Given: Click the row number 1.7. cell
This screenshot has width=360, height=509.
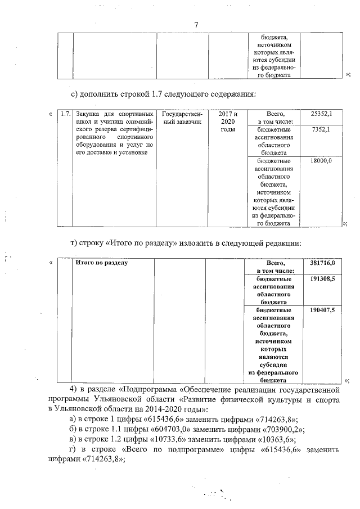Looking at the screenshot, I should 65,114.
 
